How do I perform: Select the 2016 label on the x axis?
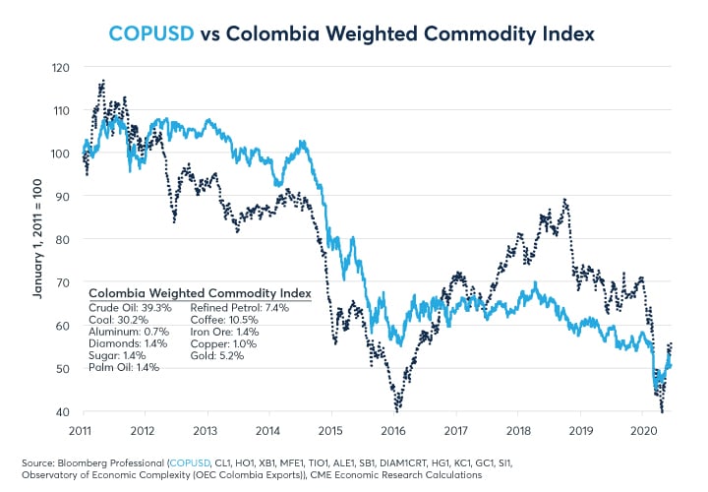click(x=393, y=430)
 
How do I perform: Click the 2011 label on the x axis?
click(x=83, y=430)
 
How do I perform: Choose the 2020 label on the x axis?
click(x=642, y=430)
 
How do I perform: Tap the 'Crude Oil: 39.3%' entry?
click(x=131, y=307)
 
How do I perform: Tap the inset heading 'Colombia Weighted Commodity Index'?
click(x=200, y=292)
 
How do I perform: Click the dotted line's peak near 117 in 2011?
click(x=102, y=82)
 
